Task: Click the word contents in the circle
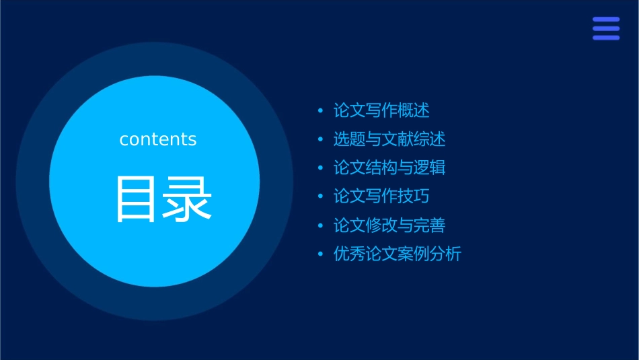click(158, 139)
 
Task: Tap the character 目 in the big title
click(137, 199)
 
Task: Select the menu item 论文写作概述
click(381, 110)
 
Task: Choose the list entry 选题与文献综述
click(389, 139)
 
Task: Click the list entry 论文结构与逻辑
click(389, 168)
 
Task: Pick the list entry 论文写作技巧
click(381, 196)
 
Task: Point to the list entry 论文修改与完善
click(389, 225)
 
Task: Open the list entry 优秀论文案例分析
click(398, 254)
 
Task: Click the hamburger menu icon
click(606, 29)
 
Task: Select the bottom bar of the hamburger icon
click(606, 38)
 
